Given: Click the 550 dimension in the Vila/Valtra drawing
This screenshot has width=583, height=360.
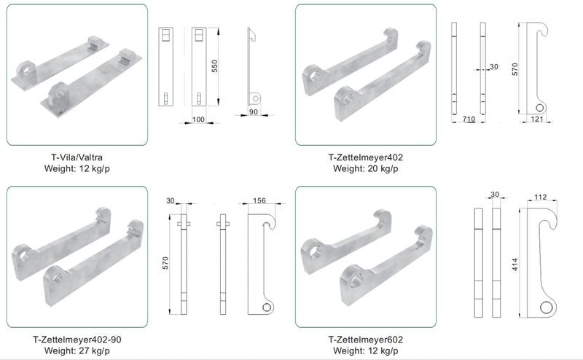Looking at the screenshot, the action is pos(214,66).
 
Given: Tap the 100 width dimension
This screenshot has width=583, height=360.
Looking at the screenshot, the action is pos(198,120).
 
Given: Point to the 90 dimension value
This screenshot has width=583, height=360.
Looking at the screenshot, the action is pos(253,111).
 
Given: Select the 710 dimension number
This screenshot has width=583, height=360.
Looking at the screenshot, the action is pos(469,119).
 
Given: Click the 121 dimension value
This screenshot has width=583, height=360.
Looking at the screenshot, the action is pos(537,119).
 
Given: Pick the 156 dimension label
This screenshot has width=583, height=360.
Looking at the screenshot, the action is pos(259,200).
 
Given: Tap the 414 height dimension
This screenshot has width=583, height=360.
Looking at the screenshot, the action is pos(515,265).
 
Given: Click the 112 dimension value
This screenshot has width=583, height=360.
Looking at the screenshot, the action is pos(540,197).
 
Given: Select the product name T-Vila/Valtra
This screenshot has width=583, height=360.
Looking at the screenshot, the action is pos(77,157).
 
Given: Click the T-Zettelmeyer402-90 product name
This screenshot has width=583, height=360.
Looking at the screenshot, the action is pos(77,340).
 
